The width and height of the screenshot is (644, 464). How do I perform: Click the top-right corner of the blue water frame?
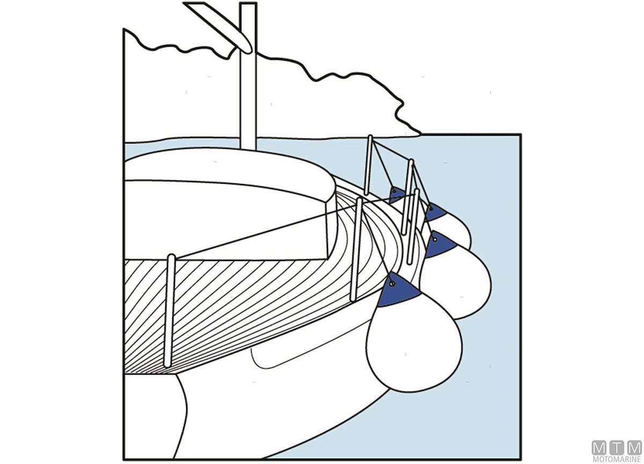click(x=521, y=134)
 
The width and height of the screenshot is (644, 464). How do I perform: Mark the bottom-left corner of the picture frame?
click(x=123, y=459)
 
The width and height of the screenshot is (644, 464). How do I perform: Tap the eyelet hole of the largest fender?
click(x=391, y=284)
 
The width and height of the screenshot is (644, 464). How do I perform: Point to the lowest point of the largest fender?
click(x=414, y=392)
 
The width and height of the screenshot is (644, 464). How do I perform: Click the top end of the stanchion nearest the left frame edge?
click(x=171, y=256)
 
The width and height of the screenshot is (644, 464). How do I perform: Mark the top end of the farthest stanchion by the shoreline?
click(x=370, y=136)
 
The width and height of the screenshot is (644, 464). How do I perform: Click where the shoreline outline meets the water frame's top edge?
click(x=420, y=134)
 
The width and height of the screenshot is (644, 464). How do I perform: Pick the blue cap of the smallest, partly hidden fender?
click(x=396, y=195)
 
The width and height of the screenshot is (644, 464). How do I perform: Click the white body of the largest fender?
click(x=414, y=345)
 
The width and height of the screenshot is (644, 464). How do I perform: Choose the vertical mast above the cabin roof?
click(x=248, y=76)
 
